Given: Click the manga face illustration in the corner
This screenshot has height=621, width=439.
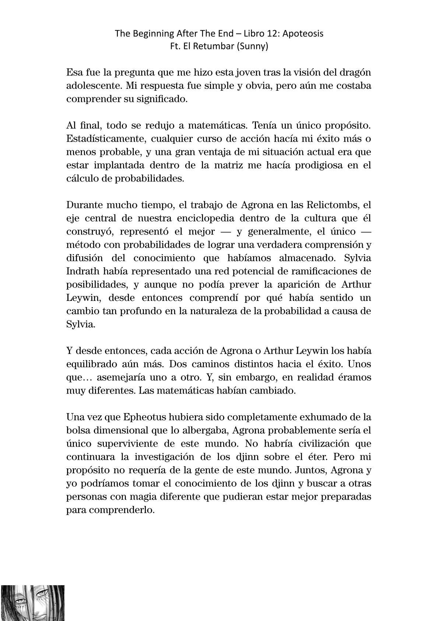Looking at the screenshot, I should [x=32, y=603].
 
